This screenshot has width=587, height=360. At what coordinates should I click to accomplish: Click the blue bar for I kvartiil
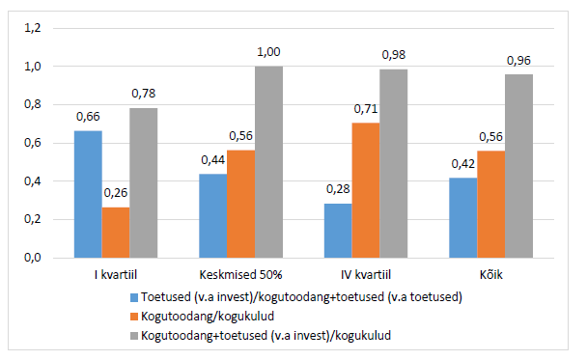(88, 194)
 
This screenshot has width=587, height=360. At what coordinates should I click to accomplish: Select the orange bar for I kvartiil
(116, 233)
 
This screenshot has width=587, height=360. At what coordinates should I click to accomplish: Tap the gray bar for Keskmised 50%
(268, 162)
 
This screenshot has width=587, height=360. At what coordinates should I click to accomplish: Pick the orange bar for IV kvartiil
(366, 190)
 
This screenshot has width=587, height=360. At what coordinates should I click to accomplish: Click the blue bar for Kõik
(463, 218)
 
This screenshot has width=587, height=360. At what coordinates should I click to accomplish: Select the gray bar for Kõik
(518, 166)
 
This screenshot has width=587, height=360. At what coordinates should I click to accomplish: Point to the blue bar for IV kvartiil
(338, 231)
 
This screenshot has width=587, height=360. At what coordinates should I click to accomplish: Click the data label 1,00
(268, 52)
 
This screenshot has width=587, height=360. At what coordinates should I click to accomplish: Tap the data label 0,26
(116, 193)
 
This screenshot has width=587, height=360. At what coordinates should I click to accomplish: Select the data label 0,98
(394, 55)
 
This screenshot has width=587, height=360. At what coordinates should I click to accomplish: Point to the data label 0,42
(463, 163)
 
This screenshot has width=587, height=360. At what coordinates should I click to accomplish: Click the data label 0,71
(366, 109)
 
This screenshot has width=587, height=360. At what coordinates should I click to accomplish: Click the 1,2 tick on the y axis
(33, 28)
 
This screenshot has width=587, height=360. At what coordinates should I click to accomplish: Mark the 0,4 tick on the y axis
(33, 181)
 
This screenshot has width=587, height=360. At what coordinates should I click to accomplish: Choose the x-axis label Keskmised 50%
(240, 275)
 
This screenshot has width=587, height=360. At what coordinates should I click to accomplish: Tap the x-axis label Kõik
(491, 275)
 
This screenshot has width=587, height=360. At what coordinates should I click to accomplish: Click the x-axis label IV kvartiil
(366, 275)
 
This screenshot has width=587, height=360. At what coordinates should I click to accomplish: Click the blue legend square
(134, 297)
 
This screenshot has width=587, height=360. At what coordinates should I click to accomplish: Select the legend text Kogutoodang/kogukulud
(208, 317)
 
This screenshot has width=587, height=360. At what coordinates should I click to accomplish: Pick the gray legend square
(134, 336)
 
